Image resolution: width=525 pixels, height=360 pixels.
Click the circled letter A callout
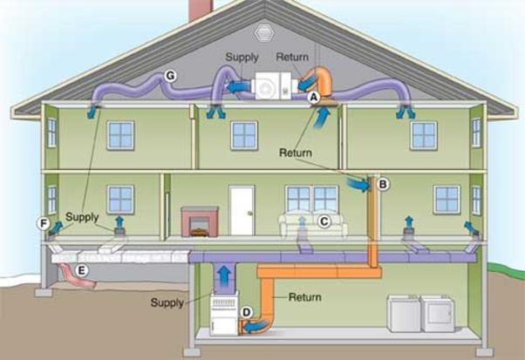point(313,97)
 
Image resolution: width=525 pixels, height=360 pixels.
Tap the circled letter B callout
point(383,184)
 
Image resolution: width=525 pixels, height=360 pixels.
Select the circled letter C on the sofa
point(324,221)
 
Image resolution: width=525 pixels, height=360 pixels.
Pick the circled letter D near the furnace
point(247,312)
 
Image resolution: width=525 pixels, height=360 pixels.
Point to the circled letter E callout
point(82,270)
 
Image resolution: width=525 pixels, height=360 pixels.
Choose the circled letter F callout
point(44,223)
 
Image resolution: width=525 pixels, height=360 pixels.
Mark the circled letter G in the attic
point(170,77)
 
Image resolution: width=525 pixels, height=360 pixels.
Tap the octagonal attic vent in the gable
point(264,33)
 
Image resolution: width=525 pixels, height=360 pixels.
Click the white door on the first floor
point(242,211)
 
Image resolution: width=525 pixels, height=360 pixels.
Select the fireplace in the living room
point(200,221)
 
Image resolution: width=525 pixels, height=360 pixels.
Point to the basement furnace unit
point(224,314)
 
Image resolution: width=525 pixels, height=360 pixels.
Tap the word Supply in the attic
point(242,57)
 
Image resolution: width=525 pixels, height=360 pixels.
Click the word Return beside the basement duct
point(304,297)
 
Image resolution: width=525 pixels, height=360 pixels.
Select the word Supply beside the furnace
point(167,302)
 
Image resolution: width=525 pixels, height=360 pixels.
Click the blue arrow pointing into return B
point(358,185)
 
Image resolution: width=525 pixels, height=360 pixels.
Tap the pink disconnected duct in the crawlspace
point(78,275)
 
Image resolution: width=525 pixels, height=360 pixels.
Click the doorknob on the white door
point(249,213)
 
